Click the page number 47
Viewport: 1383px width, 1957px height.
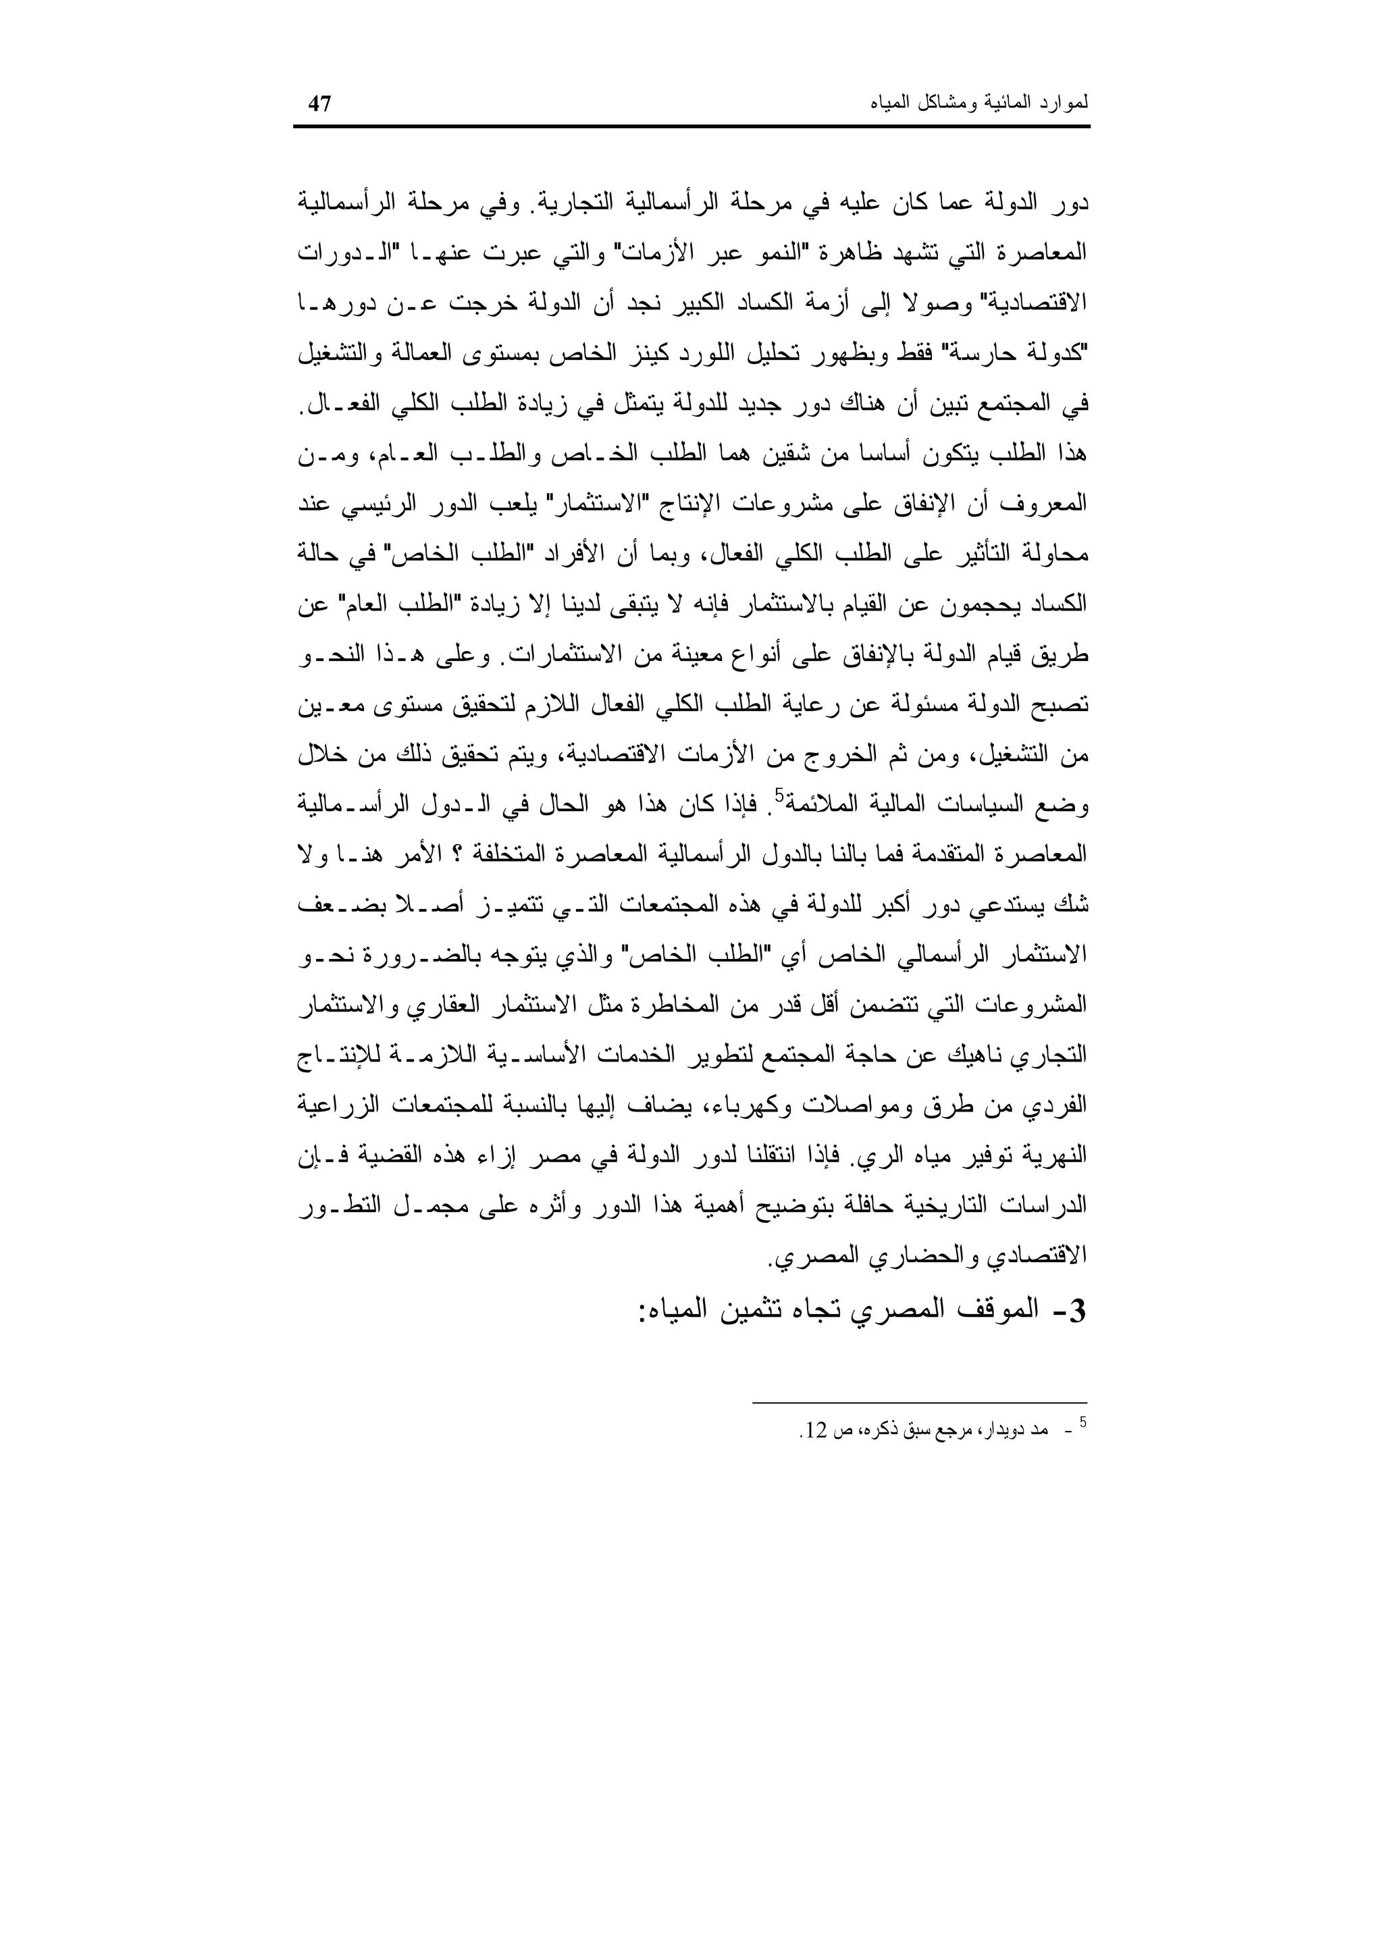click(319, 105)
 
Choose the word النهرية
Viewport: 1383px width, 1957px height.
click(1058, 1157)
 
